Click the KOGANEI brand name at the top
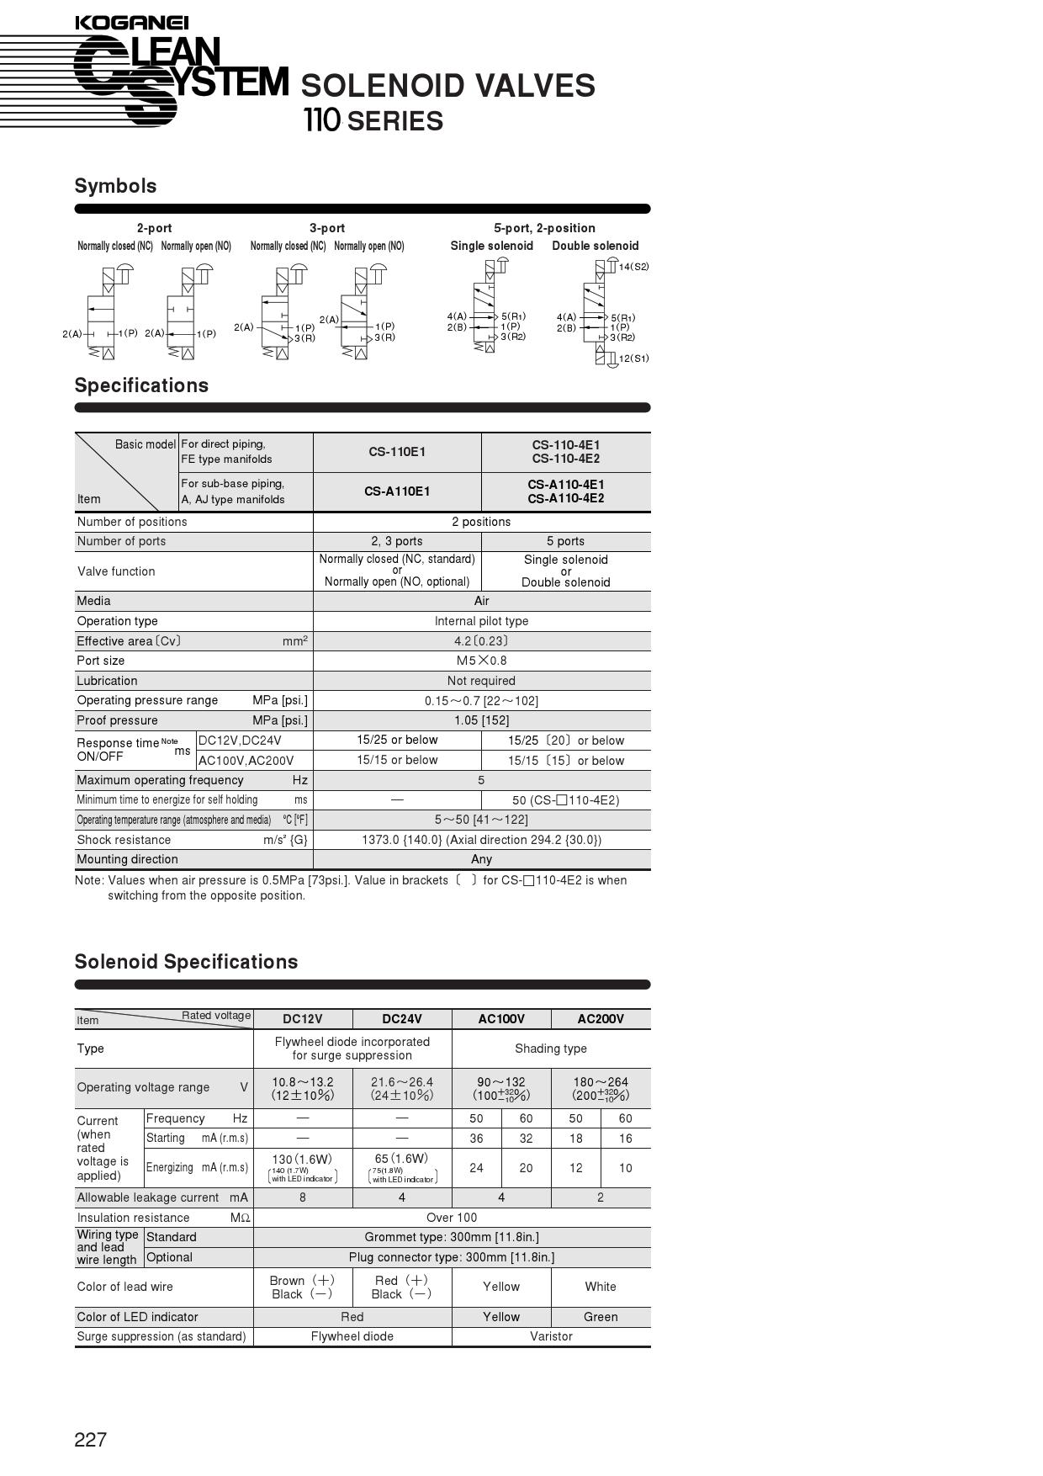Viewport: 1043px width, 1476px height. click(x=131, y=23)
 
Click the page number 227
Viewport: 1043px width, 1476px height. click(x=91, y=1440)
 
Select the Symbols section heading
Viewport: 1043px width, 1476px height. click(x=115, y=186)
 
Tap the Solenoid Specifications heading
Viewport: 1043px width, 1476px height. click(x=186, y=962)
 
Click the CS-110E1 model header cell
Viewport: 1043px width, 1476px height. click(x=397, y=452)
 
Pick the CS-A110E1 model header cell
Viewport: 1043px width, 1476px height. click(x=397, y=491)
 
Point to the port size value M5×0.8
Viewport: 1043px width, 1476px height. click(x=481, y=661)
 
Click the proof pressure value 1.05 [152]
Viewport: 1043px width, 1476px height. click(x=481, y=720)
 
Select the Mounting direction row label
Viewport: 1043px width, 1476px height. click(x=127, y=859)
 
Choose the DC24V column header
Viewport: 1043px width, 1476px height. click(x=402, y=1019)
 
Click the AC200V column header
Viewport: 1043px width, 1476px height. click(x=601, y=1019)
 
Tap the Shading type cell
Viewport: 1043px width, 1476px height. click(x=551, y=1049)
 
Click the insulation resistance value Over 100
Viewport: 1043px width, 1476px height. click(x=452, y=1218)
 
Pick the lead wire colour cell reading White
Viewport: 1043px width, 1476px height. click(x=601, y=1287)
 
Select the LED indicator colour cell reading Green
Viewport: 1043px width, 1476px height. click(x=601, y=1317)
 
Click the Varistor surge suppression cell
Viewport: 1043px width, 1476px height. click(x=551, y=1336)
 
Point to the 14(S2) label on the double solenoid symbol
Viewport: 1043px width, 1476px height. click(x=633, y=267)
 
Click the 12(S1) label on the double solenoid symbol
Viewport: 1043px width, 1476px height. click(x=633, y=358)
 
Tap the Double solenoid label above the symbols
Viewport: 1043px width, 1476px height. click(x=595, y=246)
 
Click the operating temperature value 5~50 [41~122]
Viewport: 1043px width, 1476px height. click(x=481, y=820)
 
